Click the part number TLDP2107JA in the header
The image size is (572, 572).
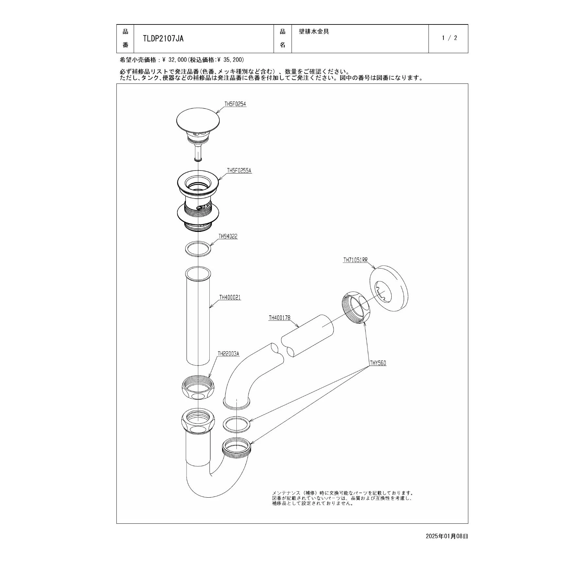click(163, 39)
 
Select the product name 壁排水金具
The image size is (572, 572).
click(314, 32)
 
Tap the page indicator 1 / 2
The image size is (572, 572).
click(449, 38)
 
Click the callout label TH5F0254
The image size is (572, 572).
click(235, 104)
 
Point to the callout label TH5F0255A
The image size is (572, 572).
click(239, 171)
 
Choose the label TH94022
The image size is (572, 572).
click(228, 236)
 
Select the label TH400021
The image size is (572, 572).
click(230, 297)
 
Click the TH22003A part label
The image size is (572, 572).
click(228, 354)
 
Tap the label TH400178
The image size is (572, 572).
click(279, 318)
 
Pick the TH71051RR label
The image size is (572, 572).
click(355, 260)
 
